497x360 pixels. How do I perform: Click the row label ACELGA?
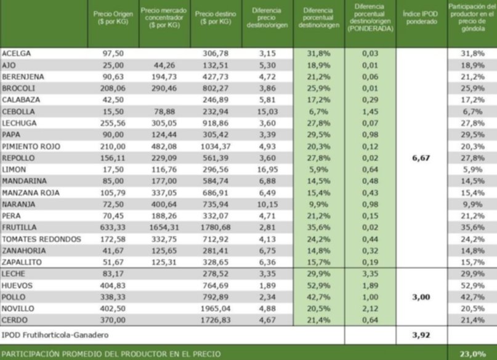[x=16, y=53]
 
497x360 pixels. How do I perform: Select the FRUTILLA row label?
[x=19, y=227]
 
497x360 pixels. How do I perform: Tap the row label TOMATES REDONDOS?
[x=41, y=239]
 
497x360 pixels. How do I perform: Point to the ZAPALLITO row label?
[x=22, y=262]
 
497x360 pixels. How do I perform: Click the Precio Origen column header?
[x=113, y=18]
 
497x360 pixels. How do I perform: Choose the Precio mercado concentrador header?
[x=164, y=18]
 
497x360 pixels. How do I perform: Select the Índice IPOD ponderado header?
[x=421, y=18]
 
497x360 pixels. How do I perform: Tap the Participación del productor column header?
[x=472, y=18]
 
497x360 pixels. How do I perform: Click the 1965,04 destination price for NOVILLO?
[x=216, y=308]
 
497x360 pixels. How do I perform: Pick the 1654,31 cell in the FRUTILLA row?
[x=164, y=227]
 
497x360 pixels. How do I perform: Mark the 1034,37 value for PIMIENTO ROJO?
[x=216, y=146]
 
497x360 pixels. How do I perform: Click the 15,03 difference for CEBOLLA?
[x=267, y=111]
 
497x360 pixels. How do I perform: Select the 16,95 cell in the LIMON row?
[x=267, y=169]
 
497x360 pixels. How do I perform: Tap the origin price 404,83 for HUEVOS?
[x=113, y=286]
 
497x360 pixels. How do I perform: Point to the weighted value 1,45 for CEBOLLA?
[x=370, y=111]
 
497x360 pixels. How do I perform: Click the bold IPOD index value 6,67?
[x=421, y=158]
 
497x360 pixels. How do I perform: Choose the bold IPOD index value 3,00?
[x=421, y=297]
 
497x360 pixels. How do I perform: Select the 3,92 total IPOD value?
[x=421, y=335]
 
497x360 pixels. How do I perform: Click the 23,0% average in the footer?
[x=472, y=354]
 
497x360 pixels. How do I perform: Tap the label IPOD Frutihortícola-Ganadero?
[x=55, y=335]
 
